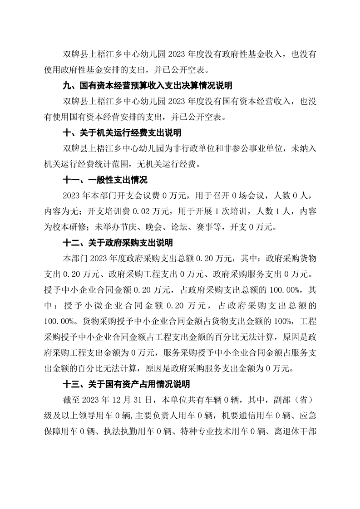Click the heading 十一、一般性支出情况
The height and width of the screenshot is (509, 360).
tap(105, 180)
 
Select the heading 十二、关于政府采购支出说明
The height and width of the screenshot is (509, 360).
tap(118, 243)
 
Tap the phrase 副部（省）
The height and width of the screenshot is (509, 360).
tap(297, 401)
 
